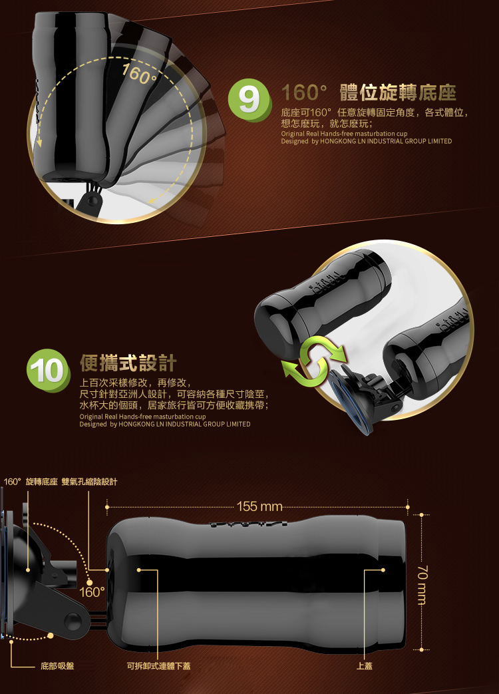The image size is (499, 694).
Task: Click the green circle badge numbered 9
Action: coord(249,100)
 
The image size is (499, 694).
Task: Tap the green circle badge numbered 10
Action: coord(48,371)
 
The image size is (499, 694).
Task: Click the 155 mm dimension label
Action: coord(259,506)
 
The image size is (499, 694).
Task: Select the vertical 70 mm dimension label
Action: coord(422,584)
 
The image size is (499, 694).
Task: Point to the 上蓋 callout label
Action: coord(365,665)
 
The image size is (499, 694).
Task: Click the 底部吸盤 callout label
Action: coord(57,665)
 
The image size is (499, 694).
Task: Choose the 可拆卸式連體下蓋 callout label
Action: coord(159,665)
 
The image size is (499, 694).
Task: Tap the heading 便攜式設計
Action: coord(128,363)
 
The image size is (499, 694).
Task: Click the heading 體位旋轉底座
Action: coord(398,92)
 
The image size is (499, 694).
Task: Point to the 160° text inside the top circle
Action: coord(139,73)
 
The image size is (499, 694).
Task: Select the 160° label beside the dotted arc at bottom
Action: coord(92,592)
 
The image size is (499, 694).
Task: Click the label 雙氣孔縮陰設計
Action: coord(89,482)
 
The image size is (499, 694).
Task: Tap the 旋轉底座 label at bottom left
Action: coord(41,482)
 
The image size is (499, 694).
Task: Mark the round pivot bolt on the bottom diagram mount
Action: coord(73,621)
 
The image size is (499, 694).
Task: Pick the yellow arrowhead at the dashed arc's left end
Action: coord(39,142)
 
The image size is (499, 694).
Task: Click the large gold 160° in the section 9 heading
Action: coord(304,92)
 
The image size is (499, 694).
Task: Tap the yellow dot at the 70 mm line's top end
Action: coord(422,515)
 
